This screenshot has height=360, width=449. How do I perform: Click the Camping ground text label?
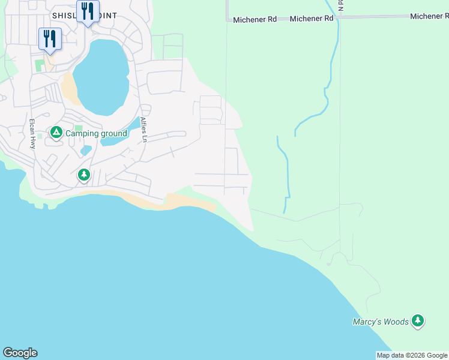click(96, 133)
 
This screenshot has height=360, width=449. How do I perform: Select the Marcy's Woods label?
click(381, 322)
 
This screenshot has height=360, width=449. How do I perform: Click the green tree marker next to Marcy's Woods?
click(418, 322)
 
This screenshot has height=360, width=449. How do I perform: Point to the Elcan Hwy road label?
click(32, 133)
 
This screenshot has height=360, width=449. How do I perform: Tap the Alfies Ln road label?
click(143, 129)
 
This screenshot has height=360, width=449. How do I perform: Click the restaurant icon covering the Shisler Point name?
click(88, 11)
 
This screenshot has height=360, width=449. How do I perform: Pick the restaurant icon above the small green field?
click(50, 39)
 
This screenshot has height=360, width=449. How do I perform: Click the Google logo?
click(20, 353)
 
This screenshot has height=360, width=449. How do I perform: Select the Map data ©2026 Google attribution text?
click(412, 355)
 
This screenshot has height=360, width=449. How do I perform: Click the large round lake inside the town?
click(102, 77)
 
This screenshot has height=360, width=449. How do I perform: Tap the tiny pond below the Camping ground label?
click(86, 150)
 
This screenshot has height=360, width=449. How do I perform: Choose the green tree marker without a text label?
click(83, 175)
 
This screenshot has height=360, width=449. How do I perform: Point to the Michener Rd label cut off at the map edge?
click(429, 16)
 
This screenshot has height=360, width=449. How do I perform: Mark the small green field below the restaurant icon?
click(40, 64)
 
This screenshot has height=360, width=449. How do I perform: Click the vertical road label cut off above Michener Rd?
click(340, 5)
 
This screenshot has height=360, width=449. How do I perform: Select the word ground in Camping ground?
click(113, 133)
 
